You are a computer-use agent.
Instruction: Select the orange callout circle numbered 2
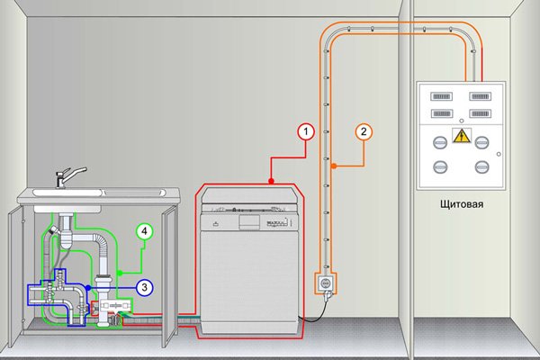click(x=364, y=132)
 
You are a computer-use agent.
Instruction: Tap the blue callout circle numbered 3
click(x=146, y=287)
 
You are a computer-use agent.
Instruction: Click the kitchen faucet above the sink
click(x=67, y=172)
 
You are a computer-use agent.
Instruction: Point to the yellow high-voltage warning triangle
click(x=462, y=137)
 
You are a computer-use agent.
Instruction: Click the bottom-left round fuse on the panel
click(x=441, y=167)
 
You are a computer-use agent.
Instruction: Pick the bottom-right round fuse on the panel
click(x=481, y=167)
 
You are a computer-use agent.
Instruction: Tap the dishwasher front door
click(x=247, y=279)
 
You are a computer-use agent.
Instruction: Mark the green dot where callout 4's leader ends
click(x=118, y=272)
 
